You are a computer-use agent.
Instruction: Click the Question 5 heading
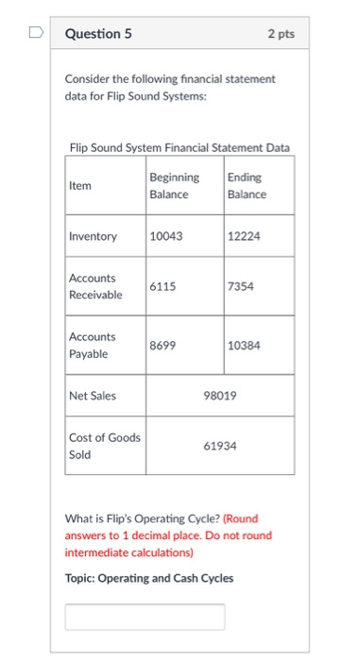click(98, 34)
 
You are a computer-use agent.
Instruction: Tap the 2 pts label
click(281, 34)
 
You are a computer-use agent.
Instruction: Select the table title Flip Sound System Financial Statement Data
click(180, 146)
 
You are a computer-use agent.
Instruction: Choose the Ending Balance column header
click(247, 186)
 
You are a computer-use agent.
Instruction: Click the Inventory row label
click(93, 236)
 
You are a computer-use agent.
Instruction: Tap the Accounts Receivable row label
click(95, 286)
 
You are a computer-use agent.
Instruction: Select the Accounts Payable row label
click(93, 345)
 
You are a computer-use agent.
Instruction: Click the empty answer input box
click(145, 617)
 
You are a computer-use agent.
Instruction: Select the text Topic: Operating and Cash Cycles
click(148, 579)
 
